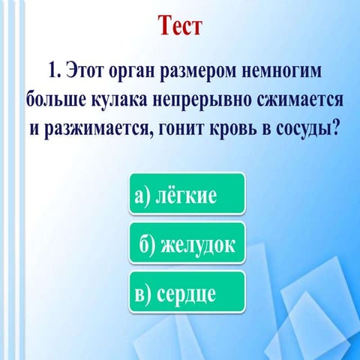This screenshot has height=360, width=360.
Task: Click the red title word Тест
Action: (x=181, y=26)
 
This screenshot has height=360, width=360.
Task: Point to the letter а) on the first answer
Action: (x=142, y=196)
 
